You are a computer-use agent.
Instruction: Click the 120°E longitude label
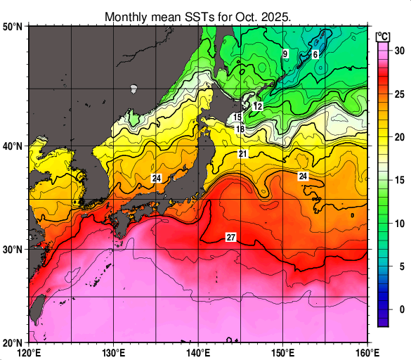point(29,352)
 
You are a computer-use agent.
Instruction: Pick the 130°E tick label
point(114,352)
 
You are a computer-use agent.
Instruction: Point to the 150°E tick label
point(282,352)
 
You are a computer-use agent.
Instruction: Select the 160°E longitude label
point(367,352)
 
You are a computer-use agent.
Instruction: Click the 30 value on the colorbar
point(398,51)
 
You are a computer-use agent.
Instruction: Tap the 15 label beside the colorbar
point(398,180)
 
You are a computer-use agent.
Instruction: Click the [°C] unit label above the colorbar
point(384,36)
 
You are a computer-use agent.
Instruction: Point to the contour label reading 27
point(230,238)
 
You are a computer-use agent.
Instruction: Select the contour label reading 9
point(285,54)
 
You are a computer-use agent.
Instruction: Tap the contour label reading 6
point(315,54)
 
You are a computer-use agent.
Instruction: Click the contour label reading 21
point(242,154)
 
